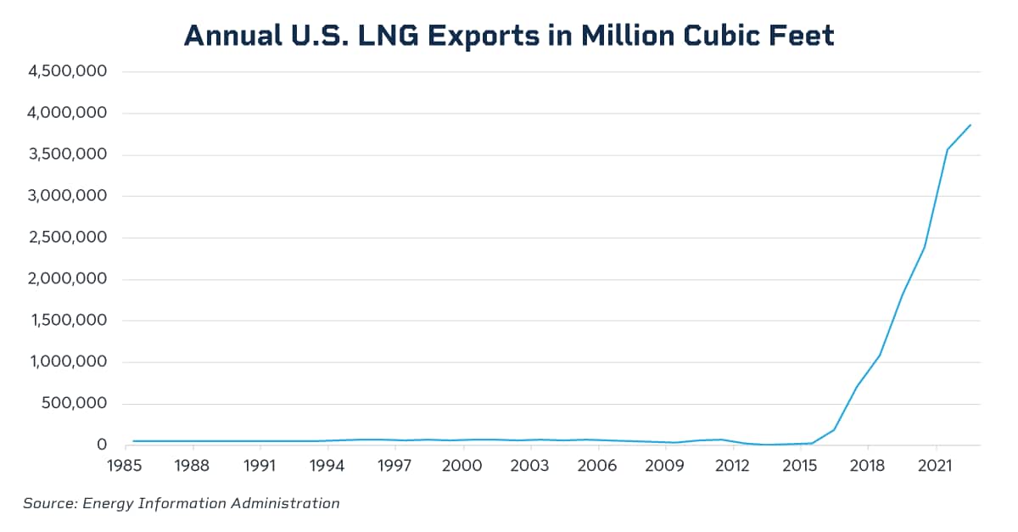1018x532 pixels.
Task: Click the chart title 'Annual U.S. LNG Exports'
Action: [509, 35]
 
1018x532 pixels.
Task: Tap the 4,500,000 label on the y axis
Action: [67, 72]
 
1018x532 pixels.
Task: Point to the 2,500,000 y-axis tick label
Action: [67, 238]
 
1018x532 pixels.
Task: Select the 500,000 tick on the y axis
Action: [74, 403]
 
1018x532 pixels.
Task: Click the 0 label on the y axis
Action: [102, 445]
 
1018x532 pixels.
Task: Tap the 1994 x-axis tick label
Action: [327, 466]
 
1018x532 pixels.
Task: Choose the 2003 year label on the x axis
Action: [529, 466]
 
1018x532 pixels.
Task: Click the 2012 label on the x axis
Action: [732, 466]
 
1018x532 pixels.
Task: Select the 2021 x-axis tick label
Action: [934, 466]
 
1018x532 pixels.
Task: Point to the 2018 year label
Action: [866, 466]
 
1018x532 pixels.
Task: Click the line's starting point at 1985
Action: [133, 441]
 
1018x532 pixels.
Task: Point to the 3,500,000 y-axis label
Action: [67, 154]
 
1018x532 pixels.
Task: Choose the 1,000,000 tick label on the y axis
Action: [67, 362]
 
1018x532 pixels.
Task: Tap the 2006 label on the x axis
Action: [597, 466]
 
